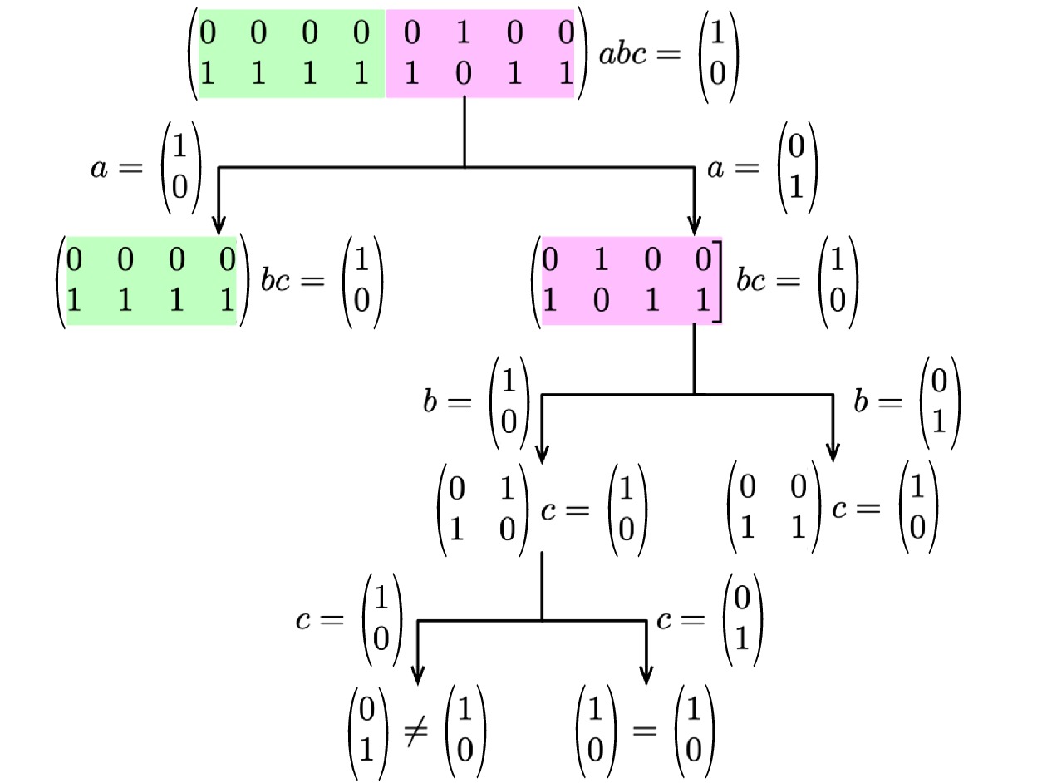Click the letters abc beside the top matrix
629,56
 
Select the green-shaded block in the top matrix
292,54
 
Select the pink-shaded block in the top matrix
480,54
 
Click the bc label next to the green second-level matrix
278,281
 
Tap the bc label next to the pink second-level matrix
753,281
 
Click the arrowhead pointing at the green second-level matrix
219,225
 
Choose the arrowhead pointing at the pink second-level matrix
694,225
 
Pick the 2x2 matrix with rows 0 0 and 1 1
774,509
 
